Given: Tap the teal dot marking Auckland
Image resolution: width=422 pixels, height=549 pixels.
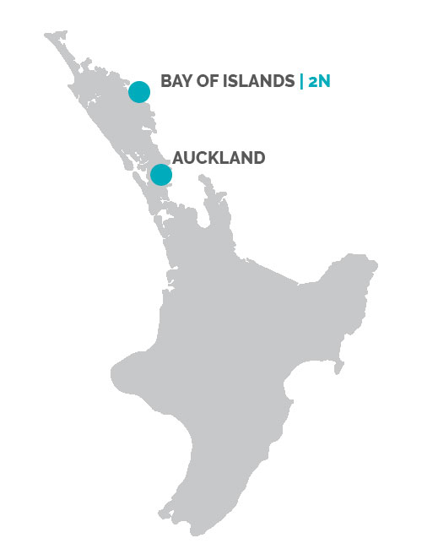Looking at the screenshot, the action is click(x=160, y=174).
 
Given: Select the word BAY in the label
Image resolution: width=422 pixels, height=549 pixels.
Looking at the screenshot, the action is click(x=176, y=82).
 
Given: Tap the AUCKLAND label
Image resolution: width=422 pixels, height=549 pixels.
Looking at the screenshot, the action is click(x=219, y=157).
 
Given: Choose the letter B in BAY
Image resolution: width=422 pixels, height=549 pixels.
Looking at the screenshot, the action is click(x=165, y=82).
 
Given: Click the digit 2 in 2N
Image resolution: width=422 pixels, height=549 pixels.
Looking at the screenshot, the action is click(x=316, y=82).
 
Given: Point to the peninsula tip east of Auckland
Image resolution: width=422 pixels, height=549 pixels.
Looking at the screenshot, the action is click(x=202, y=177).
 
